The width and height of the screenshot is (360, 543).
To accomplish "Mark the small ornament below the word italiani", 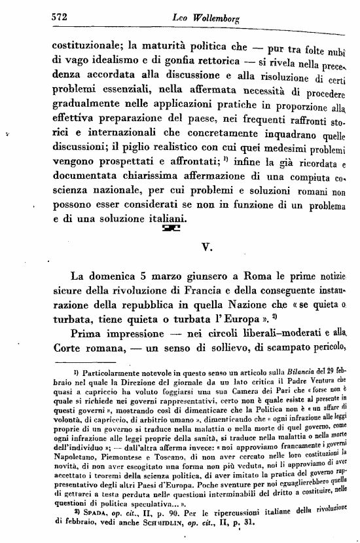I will (170, 228).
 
